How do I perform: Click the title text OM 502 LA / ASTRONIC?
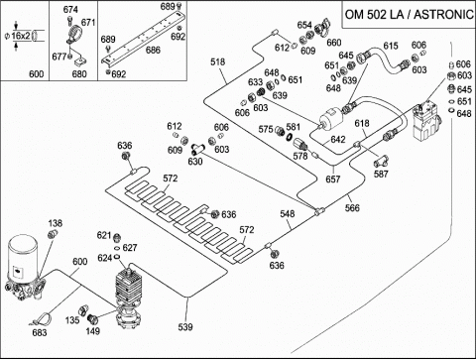click(410, 15)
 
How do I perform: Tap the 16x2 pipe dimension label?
click(21, 36)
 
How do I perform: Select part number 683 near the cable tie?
click(40, 332)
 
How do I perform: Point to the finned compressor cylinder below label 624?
click(128, 286)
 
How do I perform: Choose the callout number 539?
click(185, 327)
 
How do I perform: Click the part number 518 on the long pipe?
click(218, 61)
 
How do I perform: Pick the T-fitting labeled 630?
click(197, 149)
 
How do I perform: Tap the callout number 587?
click(381, 174)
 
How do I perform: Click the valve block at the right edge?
click(426, 122)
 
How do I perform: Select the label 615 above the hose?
click(391, 46)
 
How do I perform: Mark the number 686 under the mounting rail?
click(153, 50)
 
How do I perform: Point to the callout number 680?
click(79, 73)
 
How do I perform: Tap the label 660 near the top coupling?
click(334, 43)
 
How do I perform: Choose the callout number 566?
click(352, 207)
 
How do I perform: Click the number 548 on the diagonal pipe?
click(288, 214)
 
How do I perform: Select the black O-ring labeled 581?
click(290, 137)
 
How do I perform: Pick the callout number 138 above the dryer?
click(56, 223)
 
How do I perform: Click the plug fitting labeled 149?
click(92, 319)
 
